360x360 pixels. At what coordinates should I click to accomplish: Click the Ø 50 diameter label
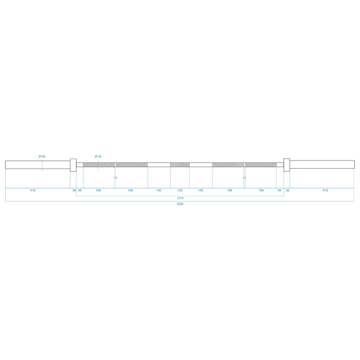tap(42, 156)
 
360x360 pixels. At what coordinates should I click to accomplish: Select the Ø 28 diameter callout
tap(98, 156)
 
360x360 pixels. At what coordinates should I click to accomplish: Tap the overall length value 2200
tap(180, 204)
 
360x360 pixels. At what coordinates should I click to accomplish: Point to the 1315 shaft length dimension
tap(180, 197)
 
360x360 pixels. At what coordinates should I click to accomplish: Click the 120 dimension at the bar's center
tap(180, 190)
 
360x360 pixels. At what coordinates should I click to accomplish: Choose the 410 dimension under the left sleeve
tap(33, 190)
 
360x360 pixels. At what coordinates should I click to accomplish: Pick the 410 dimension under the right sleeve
tap(325, 190)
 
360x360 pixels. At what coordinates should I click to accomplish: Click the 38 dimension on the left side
tap(74, 190)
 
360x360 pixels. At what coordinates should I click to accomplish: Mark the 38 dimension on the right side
tap(287, 190)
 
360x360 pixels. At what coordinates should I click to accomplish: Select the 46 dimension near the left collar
tap(80, 190)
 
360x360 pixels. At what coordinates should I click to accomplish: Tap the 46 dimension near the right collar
tap(280, 190)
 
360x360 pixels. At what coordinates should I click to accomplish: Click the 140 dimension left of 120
tap(159, 190)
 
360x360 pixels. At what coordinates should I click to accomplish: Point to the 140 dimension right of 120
tap(201, 190)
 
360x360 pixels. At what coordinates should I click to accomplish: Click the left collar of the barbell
tap(73, 165)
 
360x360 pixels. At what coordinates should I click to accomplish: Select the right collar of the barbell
tap(286, 165)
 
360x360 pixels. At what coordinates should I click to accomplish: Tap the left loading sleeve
tap(37, 165)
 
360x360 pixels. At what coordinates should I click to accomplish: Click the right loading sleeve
tap(322, 165)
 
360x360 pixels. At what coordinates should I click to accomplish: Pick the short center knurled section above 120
tap(180, 165)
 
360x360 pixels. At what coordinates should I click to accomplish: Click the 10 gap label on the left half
tap(115, 178)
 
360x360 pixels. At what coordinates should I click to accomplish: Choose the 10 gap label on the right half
tap(244, 178)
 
